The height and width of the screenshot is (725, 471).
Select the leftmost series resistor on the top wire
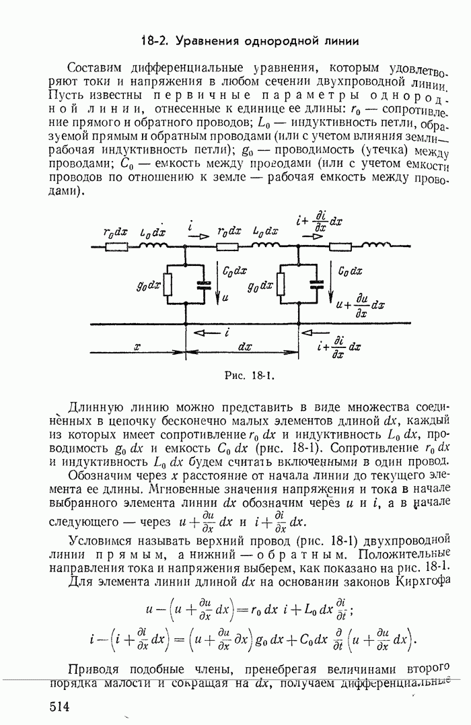coord(116,247)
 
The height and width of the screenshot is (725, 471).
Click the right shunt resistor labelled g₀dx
coord(282,285)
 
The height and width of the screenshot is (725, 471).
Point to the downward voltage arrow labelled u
coord(218,283)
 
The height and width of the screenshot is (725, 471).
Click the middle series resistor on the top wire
coord(229,247)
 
